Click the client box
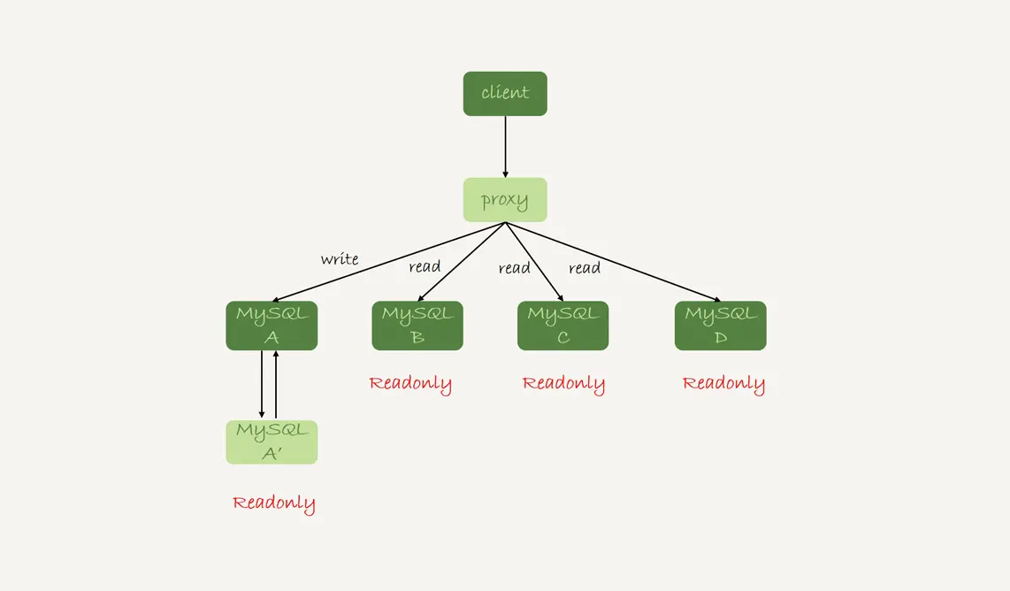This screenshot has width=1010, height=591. pos(505,93)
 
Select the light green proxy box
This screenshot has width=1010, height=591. pos(505,200)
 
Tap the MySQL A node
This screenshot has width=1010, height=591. pos(272,326)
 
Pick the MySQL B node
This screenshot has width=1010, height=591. pos(417,326)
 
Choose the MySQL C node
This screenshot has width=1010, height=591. pos(563,326)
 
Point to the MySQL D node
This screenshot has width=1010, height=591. pos(721,326)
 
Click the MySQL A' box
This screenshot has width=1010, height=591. pos(272,442)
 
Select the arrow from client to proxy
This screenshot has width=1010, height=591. pos(505,147)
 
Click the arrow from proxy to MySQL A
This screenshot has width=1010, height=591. pos(389,262)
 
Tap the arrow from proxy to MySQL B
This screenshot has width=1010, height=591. pos(461,262)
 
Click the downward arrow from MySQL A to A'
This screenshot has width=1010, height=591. pos(262,385)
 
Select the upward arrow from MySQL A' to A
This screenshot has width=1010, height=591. pos(277,385)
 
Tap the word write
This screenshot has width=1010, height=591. pos(340,259)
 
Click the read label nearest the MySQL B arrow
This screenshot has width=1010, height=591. pos(425,266)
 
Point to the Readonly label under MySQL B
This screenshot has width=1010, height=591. pos(410,384)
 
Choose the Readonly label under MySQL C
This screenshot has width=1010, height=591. pos(563,384)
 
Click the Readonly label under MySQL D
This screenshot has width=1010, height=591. pos(723,384)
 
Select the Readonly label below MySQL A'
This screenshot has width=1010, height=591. pos(273,503)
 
